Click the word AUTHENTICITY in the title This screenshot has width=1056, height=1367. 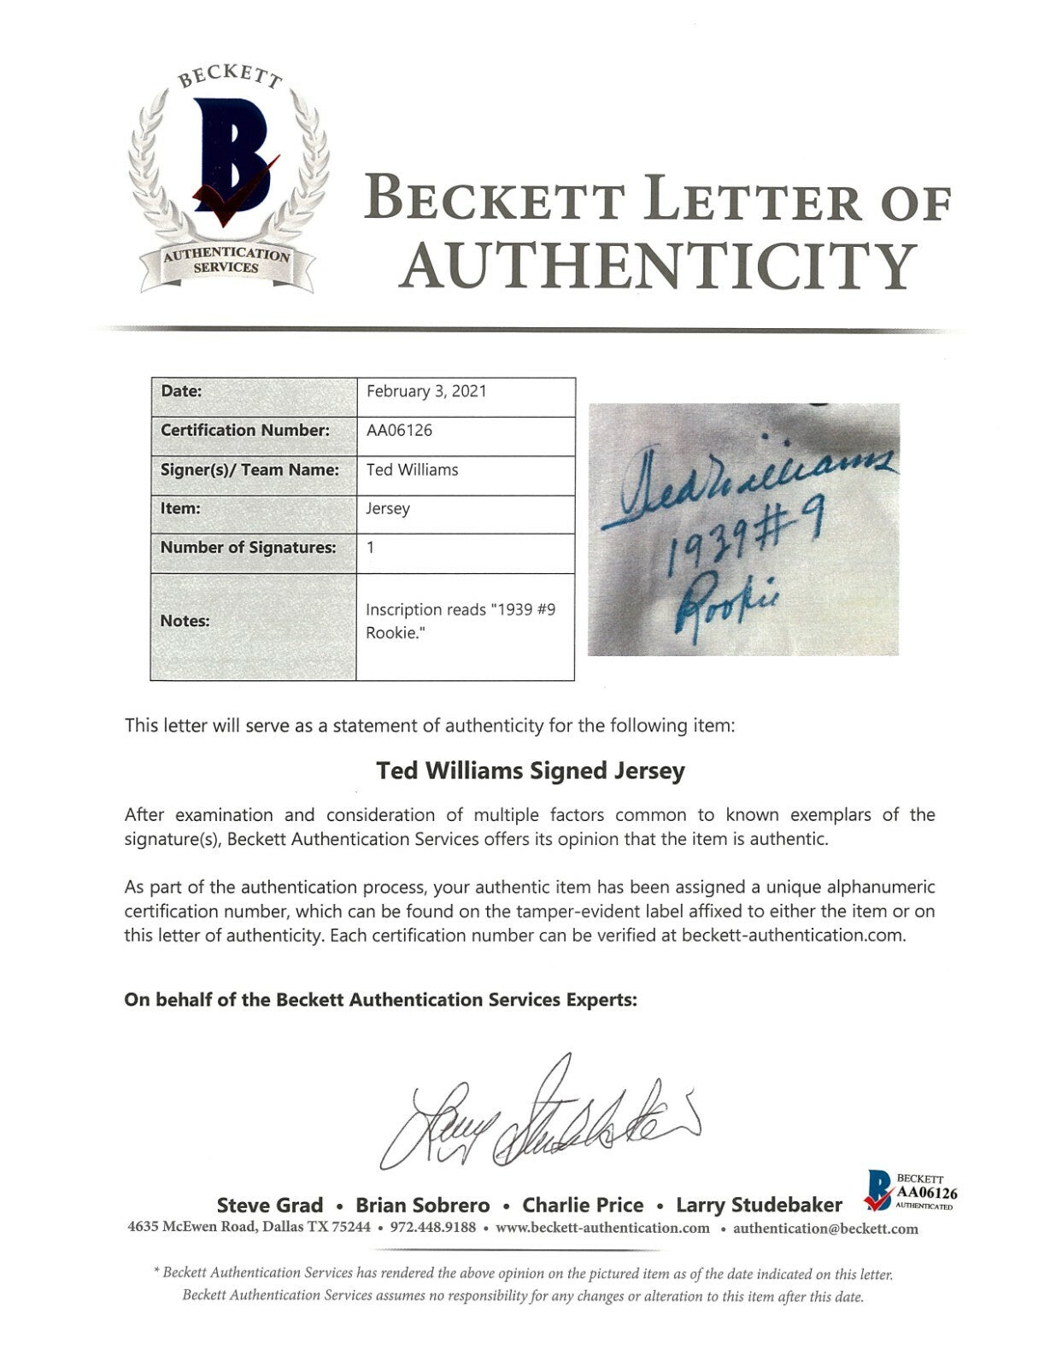pyautogui.click(x=659, y=265)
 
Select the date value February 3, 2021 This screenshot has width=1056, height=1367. pyautogui.click(x=426, y=391)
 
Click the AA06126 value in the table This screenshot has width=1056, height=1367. pyautogui.click(x=399, y=431)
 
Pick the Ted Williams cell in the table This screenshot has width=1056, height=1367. pyautogui.click(x=412, y=470)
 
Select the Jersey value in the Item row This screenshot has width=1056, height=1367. pyautogui.click(x=388, y=508)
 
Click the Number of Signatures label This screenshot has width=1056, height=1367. pyautogui.click(x=249, y=548)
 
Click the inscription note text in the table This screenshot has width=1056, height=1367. pyautogui.click(x=461, y=622)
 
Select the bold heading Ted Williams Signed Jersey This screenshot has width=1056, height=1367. pyautogui.click(x=531, y=771)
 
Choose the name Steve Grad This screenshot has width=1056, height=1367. pyautogui.click(x=270, y=1206)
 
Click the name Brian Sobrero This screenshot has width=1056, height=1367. pyautogui.click(x=423, y=1206)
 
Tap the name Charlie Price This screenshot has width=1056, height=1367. pyautogui.click(x=583, y=1206)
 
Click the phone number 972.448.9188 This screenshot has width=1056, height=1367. pyautogui.click(x=442, y=1229)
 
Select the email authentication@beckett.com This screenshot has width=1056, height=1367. pyautogui.click(x=825, y=1229)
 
